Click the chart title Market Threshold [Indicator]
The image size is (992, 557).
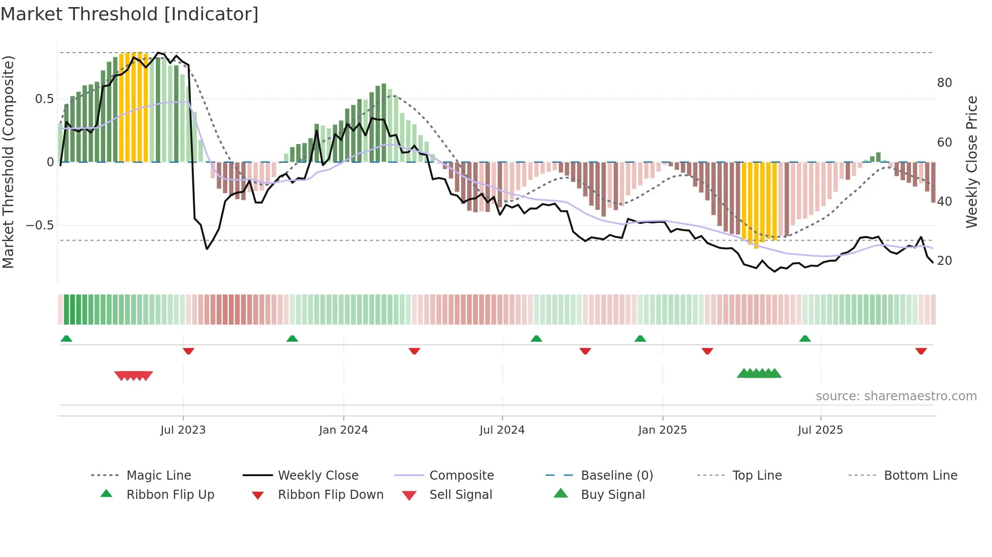130,14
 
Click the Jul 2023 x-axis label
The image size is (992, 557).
183,430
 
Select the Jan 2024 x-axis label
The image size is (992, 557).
343,430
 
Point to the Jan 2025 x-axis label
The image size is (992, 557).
662,430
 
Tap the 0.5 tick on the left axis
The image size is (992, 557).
45,99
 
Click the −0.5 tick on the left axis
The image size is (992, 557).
40,225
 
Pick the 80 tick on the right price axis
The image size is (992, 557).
944,83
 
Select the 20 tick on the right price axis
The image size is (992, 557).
944,261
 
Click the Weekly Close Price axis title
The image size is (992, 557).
971,162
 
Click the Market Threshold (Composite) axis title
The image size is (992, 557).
8,162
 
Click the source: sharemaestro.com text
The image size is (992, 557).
896,396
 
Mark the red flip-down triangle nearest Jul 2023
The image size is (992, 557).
188,351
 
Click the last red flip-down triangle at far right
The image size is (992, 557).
921,351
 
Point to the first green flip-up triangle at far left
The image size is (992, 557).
66,339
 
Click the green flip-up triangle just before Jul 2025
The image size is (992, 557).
805,339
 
